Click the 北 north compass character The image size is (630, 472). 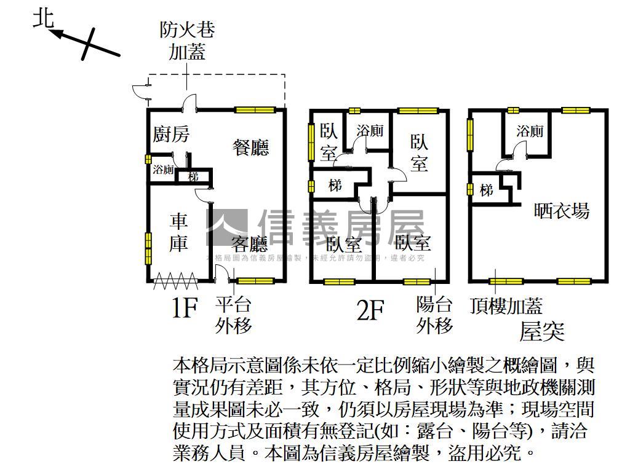(44, 20)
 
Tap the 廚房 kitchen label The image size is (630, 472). (171, 135)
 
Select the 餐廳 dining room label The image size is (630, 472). (250, 147)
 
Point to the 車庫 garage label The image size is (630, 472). (178, 232)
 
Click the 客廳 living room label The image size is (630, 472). (250, 245)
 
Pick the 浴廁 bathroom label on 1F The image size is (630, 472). (163, 170)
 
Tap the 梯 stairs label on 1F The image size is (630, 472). (193, 177)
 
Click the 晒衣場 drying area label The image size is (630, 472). (562, 211)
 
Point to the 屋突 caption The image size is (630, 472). (541, 332)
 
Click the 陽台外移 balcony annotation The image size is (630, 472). (434, 314)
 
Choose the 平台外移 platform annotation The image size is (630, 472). (233, 314)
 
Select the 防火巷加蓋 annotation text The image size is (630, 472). (187, 40)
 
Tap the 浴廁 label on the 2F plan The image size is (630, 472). (370, 131)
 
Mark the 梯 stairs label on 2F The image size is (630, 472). (335, 184)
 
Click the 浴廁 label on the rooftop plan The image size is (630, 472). (529, 131)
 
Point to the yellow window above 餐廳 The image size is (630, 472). (255, 110)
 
